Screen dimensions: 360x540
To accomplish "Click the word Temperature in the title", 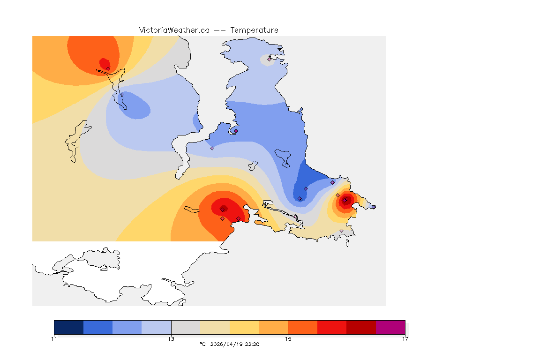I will [x=254, y=30].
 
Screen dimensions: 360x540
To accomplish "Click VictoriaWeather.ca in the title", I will [x=174, y=30].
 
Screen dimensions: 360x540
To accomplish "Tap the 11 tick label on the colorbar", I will [x=54, y=338].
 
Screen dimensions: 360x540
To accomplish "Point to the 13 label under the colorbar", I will [x=171, y=338].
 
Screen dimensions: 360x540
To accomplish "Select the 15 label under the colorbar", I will [x=288, y=338].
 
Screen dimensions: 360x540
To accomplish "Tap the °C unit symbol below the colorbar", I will [x=202, y=344].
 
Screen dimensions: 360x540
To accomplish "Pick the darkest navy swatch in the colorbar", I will [x=69, y=327].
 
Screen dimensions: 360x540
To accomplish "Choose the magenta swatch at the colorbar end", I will [x=390, y=327].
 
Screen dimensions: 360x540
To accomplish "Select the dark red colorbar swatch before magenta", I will [x=361, y=327].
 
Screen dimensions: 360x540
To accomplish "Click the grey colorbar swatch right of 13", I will [x=186, y=327].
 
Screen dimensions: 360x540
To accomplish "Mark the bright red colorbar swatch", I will [x=332, y=327].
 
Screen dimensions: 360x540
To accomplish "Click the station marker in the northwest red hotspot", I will [x=108, y=68].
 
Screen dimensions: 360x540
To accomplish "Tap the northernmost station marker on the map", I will [x=269, y=59].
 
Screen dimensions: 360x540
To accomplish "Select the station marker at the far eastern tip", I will [x=374, y=207].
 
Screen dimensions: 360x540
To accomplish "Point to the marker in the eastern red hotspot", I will [x=345, y=201].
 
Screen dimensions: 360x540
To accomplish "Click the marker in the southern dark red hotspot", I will [x=223, y=209].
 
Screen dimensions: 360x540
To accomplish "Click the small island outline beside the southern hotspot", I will [x=192, y=210].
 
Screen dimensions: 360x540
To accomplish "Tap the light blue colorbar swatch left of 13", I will [x=157, y=327].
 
